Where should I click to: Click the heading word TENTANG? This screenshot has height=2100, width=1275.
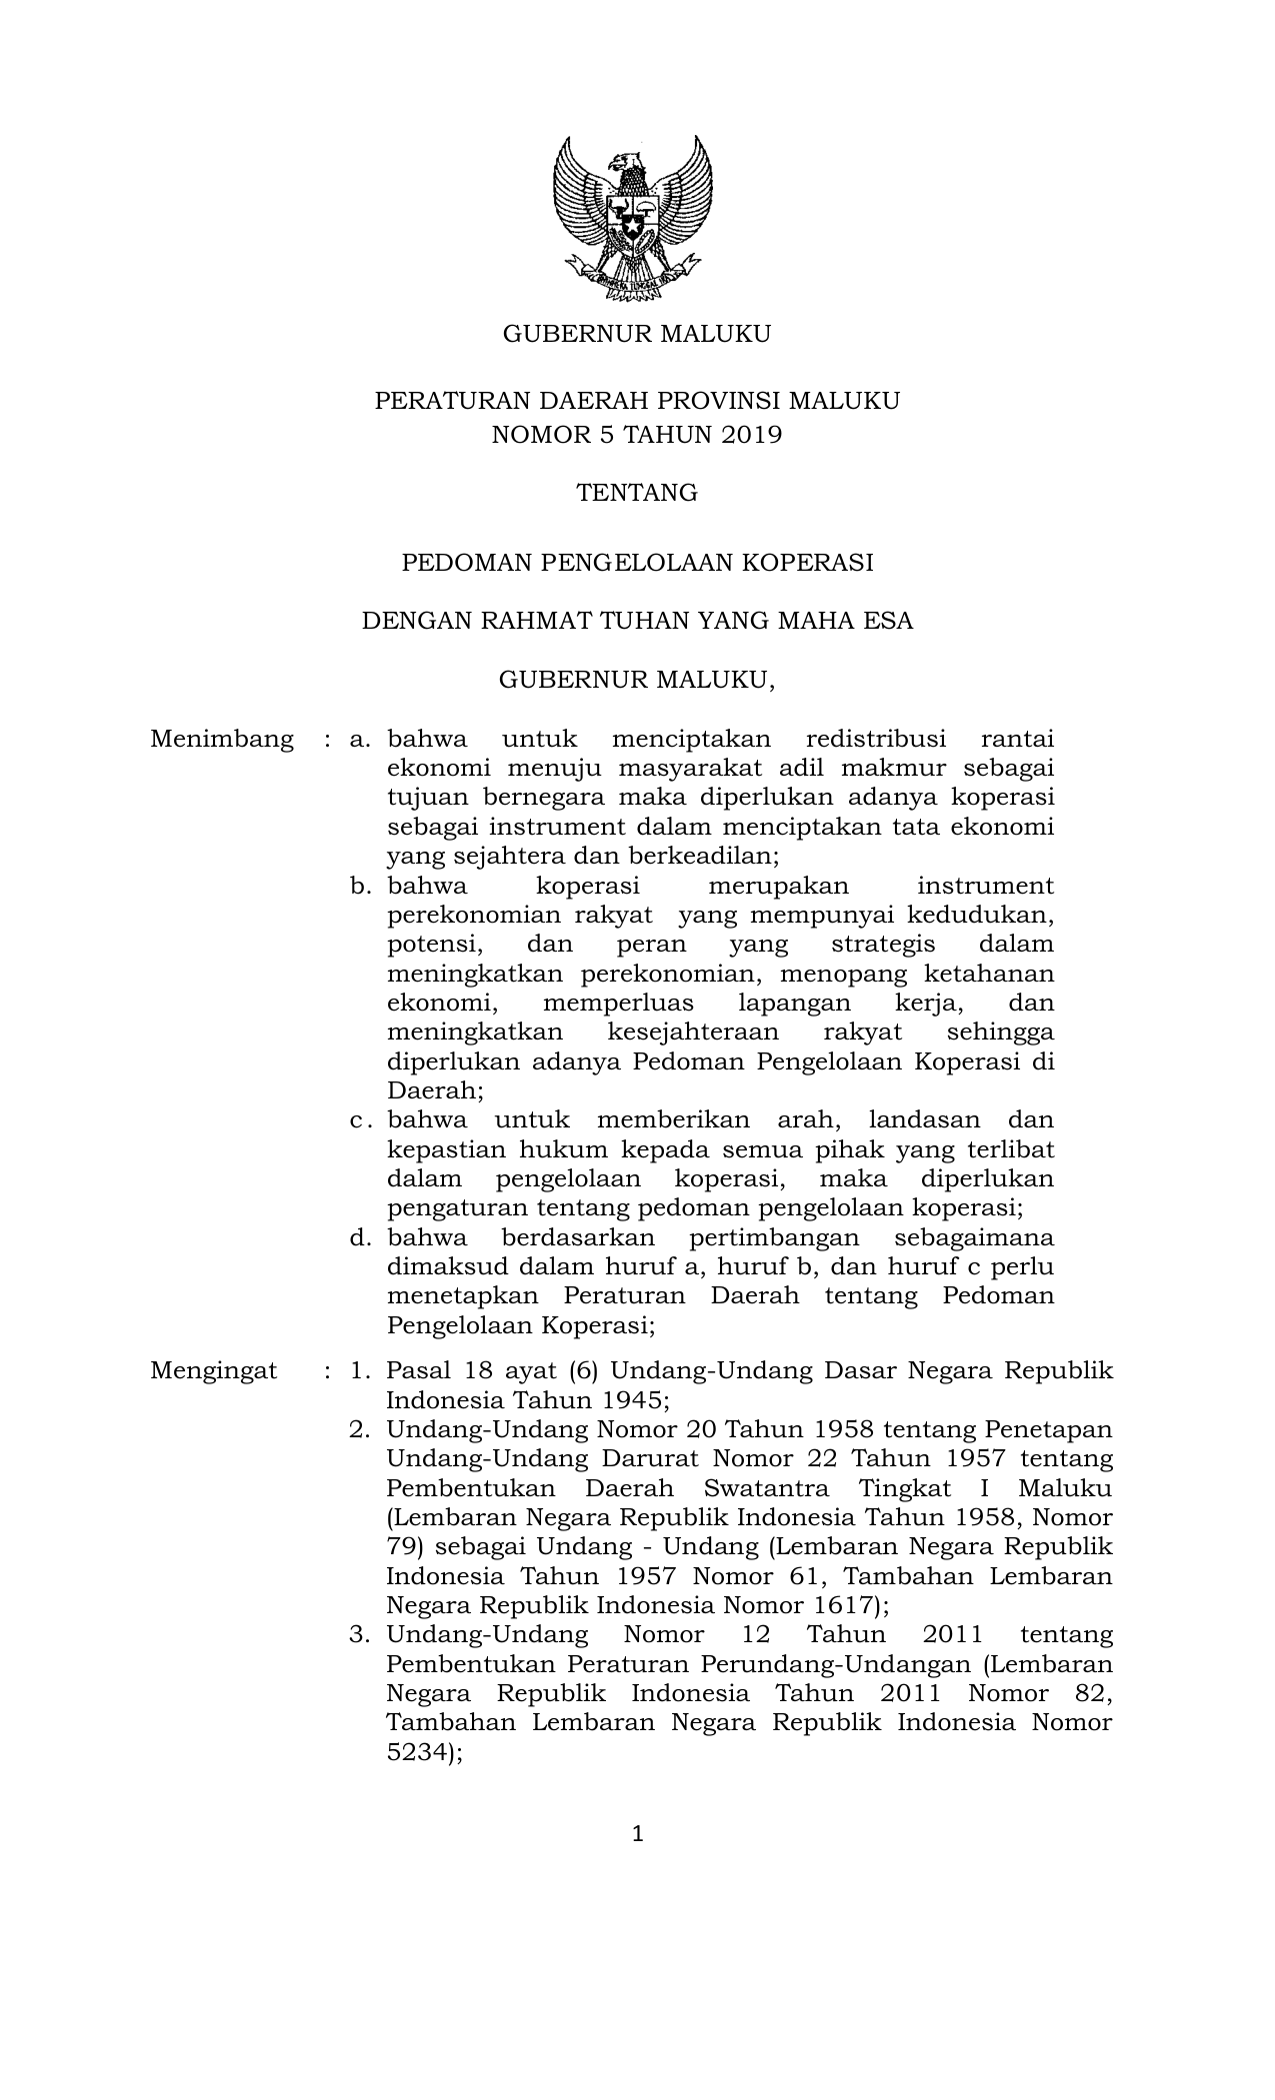636,493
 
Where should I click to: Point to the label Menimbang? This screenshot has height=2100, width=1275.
222,740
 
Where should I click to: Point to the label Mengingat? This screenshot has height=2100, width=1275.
214,1370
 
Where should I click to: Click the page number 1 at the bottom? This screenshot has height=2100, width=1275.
637,1833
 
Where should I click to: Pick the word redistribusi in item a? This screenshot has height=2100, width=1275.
875,740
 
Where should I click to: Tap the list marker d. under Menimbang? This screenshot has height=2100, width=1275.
360,1238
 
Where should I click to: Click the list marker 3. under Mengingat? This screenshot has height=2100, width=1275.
360,1635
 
